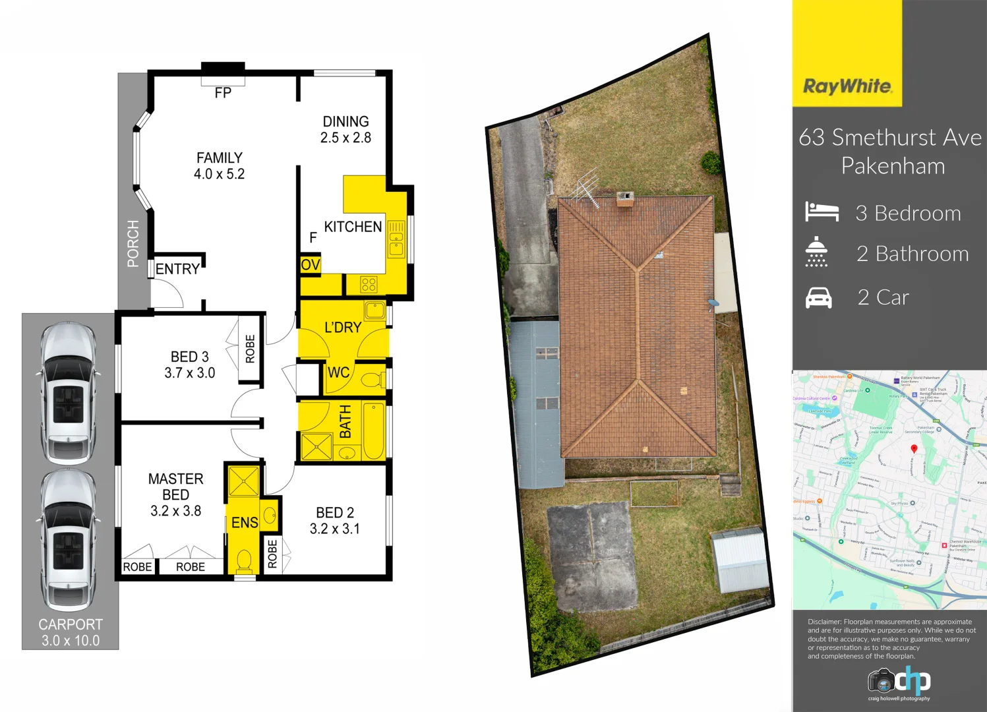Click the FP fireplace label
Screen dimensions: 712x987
click(223, 93)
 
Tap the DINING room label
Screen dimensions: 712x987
click(345, 122)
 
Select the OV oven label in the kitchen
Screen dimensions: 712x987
click(310, 265)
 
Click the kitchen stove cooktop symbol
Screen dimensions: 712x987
click(369, 285)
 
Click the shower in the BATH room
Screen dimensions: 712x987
click(316, 446)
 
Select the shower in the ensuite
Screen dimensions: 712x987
click(243, 481)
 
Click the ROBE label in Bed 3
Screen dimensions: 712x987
click(250, 349)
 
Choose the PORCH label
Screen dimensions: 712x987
click(133, 244)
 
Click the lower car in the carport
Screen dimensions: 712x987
click(68, 539)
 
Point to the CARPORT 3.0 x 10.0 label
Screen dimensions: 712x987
click(71, 632)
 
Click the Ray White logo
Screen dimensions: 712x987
click(847, 86)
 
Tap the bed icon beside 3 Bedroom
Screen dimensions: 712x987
click(822, 212)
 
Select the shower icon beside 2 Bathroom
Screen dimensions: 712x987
click(816, 252)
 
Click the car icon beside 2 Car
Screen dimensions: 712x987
click(818, 298)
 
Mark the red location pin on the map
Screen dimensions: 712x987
click(914, 449)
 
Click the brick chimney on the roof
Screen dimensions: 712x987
click(624, 198)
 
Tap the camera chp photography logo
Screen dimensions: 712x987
click(899, 682)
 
